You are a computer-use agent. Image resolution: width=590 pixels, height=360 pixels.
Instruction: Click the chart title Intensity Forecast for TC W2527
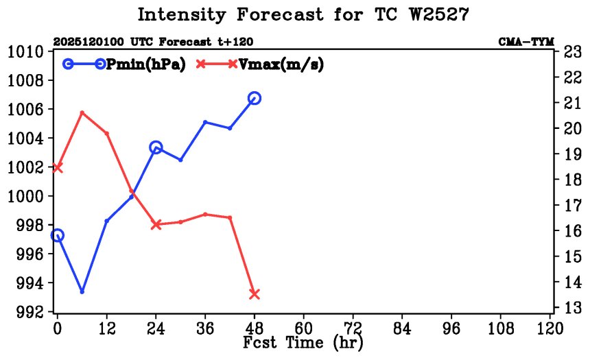click(303, 15)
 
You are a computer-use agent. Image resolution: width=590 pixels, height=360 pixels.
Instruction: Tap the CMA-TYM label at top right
click(526, 42)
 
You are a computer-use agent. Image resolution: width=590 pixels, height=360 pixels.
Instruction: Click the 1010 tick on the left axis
click(26, 52)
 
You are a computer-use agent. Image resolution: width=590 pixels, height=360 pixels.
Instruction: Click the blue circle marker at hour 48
click(255, 98)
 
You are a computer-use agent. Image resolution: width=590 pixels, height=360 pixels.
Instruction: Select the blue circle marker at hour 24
click(156, 147)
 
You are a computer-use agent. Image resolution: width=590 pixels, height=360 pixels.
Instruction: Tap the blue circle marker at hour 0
click(58, 235)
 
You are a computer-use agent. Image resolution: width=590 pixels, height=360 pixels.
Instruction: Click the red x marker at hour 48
click(255, 293)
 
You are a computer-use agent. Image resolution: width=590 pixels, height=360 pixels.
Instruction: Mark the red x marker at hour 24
click(156, 224)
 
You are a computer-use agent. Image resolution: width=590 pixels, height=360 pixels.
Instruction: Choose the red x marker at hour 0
click(58, 167)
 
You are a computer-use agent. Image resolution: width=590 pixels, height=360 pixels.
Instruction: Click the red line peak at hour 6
click(82, 112)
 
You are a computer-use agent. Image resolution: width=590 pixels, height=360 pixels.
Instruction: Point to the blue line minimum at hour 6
click(82, 291)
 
